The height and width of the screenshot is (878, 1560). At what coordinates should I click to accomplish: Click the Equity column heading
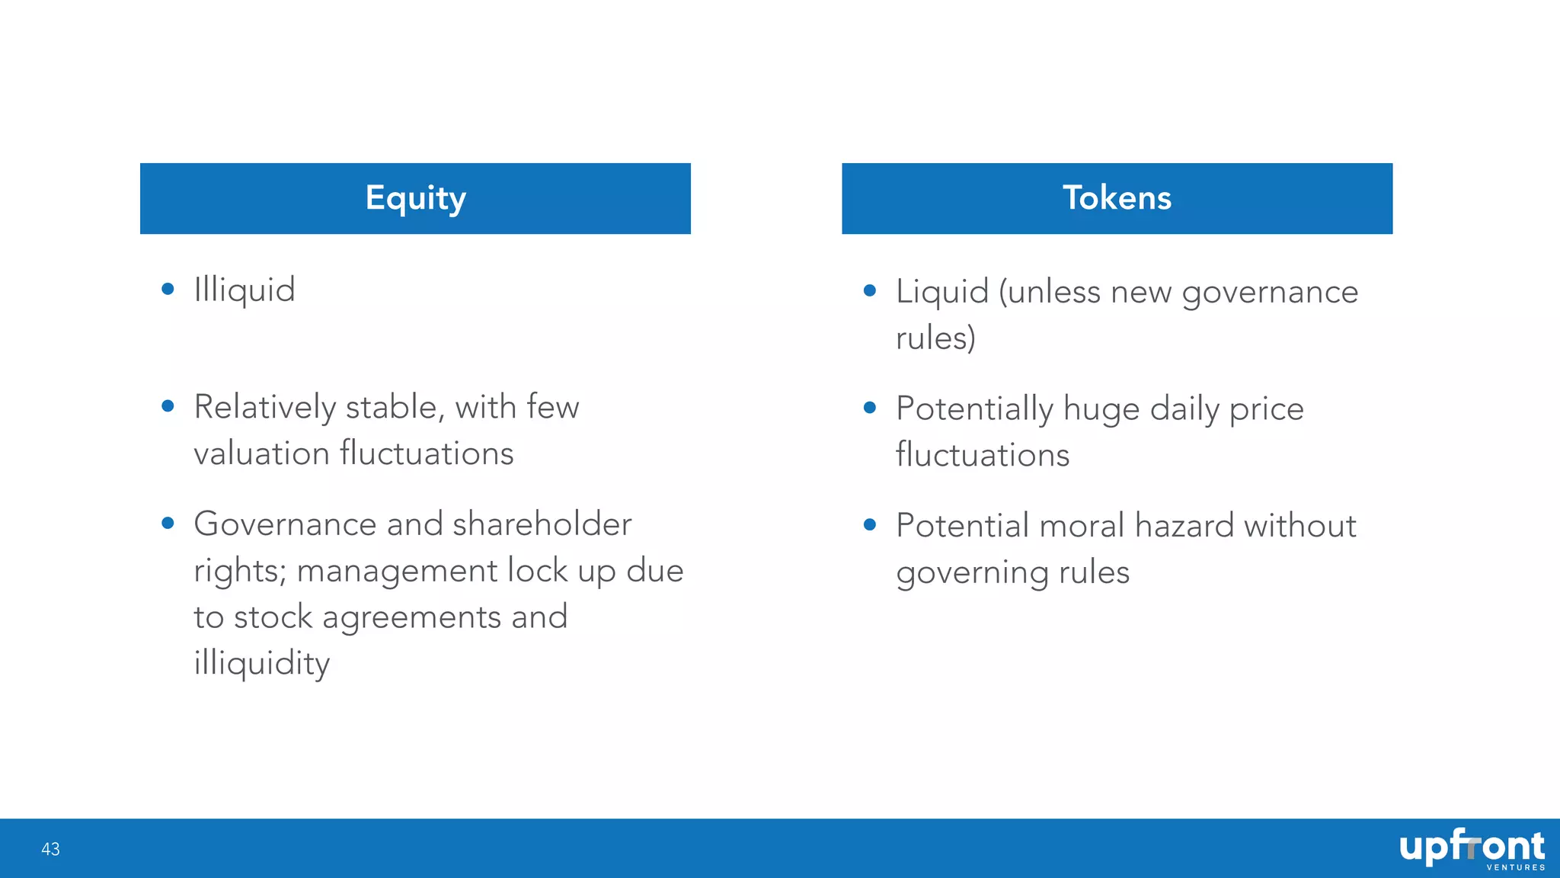coord(415,198)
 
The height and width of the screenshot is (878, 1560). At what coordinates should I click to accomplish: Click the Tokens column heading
coord(1117,198)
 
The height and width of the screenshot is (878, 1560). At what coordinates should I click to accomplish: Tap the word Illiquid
coord(245,290)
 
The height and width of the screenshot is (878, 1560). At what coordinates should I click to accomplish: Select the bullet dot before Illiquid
coord(168,289)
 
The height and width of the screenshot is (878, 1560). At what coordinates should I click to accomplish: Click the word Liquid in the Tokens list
coord(942,293)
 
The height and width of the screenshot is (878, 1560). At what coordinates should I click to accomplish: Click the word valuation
coord(261,453)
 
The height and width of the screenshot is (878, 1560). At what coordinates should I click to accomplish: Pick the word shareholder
coord(542,524)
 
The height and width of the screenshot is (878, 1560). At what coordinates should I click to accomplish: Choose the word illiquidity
coord(261,663)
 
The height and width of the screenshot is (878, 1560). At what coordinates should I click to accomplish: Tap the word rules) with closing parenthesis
coord(935,338)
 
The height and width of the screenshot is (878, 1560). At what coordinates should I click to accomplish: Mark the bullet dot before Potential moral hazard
coord(870,524)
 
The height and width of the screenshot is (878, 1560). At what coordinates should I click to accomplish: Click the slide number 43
coord(50,849)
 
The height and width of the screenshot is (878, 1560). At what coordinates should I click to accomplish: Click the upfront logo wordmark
coord(1471,846)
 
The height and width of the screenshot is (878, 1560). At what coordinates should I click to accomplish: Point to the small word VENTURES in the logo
coord(1515,867)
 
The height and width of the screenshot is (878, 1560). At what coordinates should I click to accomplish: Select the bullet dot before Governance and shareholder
coord(168,523)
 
